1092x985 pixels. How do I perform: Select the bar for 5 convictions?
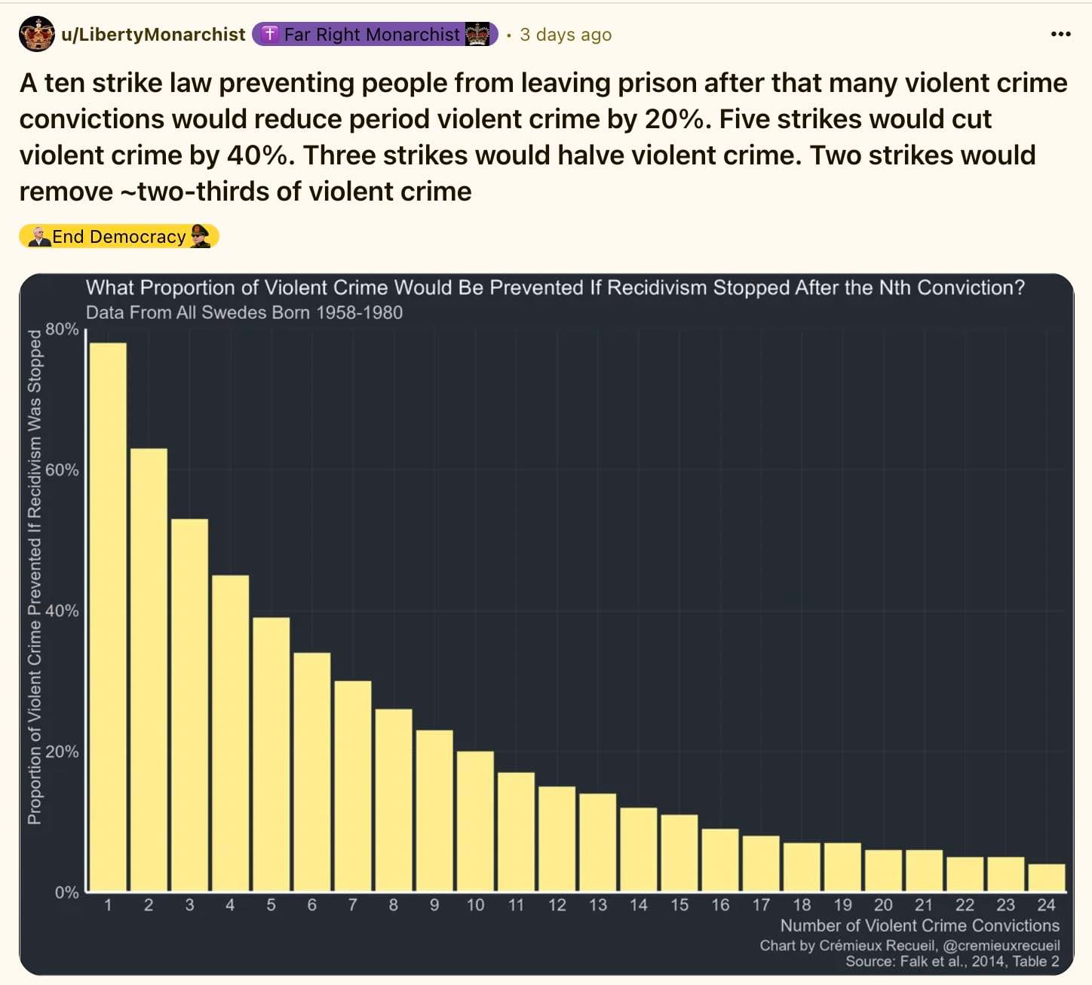[x=271, y=754]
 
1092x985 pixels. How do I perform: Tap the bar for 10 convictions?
[x=475, y=821]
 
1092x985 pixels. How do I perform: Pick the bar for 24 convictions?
[x=1046, y=878]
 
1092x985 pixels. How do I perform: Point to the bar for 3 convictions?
[x=189, y=705]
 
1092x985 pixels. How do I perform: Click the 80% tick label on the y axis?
[x=62, y=330]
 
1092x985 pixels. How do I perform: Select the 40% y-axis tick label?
[x=62, y=611]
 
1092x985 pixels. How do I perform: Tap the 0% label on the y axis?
[x=66, y=893]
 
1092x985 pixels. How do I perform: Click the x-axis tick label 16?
[x=720, y=905]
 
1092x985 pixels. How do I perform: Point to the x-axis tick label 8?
[x=393, y=905]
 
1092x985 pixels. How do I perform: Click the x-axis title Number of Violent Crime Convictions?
[x=919, y=926]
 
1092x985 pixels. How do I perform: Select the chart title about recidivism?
[x=555, y=288]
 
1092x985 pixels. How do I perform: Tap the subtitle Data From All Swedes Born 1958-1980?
[x=244, y=313]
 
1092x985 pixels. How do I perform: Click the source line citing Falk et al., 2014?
[x=952, y=962]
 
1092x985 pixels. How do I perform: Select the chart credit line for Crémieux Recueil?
[x=909, y=946]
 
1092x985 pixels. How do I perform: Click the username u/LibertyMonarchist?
[x=153, y=35]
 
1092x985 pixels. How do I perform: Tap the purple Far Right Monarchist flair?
[x=374, y=35]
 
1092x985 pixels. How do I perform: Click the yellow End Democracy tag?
[x=119, y=237]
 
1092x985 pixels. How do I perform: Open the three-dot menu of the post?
[x=1060, y=34]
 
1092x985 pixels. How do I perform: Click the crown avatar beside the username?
[x=37, y=34]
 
